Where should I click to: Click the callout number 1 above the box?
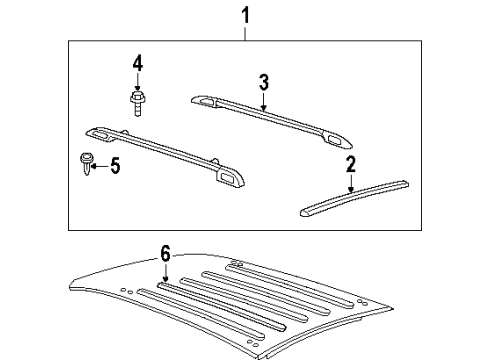245,15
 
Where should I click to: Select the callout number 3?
263,82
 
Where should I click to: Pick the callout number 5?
114,165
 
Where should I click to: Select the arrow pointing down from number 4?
136,84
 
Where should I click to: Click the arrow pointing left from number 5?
98,164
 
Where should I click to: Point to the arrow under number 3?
263,100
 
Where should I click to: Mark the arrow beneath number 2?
350,184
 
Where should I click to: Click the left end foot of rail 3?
203,99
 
